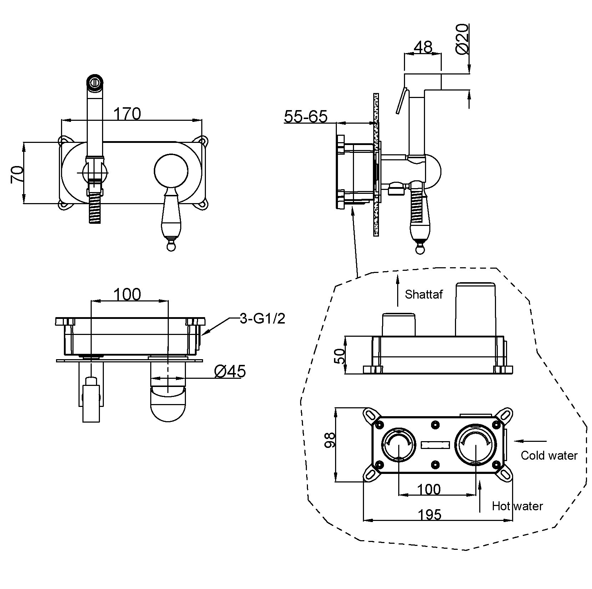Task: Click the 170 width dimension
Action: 127,114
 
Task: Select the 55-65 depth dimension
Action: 306,116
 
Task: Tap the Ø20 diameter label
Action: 462,39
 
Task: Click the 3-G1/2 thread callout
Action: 262,319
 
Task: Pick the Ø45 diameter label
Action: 230,372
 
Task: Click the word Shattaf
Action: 424,294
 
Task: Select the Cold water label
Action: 549,455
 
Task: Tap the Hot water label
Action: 517,506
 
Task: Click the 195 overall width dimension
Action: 429,515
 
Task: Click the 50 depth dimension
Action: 340,355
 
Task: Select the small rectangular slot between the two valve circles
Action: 435,445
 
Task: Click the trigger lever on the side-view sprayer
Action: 401,100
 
